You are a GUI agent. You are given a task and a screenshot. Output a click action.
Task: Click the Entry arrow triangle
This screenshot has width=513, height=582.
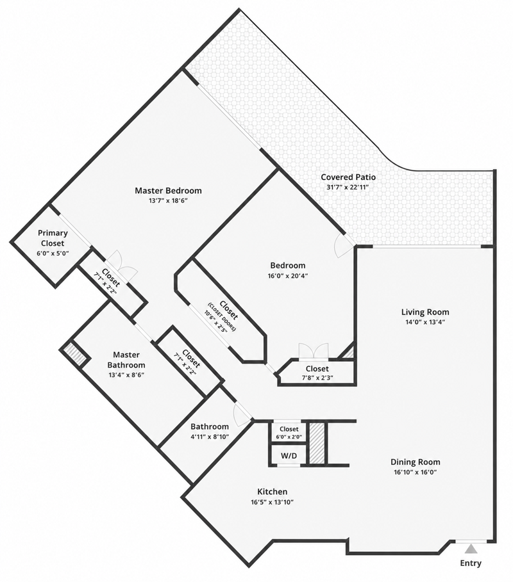[471, 549]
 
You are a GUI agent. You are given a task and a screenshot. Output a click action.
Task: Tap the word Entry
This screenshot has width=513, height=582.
[471, 563]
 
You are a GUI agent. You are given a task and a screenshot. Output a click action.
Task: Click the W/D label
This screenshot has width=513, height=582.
[289, 455]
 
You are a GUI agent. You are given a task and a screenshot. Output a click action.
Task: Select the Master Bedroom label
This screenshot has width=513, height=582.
[168, 190]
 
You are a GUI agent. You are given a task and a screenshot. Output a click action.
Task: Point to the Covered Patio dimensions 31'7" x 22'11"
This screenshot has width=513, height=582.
[348, 187]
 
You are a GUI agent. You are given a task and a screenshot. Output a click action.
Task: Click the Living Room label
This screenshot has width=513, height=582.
[425, 312]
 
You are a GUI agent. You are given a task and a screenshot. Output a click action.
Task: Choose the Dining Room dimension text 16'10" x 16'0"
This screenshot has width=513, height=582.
[416, 472]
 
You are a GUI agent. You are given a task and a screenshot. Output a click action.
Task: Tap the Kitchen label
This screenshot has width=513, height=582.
[272, 492]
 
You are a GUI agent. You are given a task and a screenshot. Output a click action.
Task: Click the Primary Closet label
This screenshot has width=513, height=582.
[53, 238]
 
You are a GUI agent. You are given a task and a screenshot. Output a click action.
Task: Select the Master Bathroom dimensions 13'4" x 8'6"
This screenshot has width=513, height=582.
[126, 375]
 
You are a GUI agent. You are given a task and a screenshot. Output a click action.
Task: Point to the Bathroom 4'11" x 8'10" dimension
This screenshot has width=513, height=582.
[210, 437]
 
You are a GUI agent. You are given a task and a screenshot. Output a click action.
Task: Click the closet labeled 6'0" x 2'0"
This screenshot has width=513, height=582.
[289, 433]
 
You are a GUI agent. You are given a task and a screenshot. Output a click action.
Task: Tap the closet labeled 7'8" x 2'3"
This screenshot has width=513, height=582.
[317, 373]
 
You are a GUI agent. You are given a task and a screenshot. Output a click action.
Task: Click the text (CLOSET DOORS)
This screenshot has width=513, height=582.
[222, 318]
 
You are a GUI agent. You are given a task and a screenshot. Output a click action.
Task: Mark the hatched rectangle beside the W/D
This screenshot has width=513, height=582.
[317, 443]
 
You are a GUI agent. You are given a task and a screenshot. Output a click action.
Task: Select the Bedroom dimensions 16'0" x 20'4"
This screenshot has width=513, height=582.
[288, 276]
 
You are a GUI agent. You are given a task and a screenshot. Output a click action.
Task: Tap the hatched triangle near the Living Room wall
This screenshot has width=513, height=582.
[349, 352]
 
